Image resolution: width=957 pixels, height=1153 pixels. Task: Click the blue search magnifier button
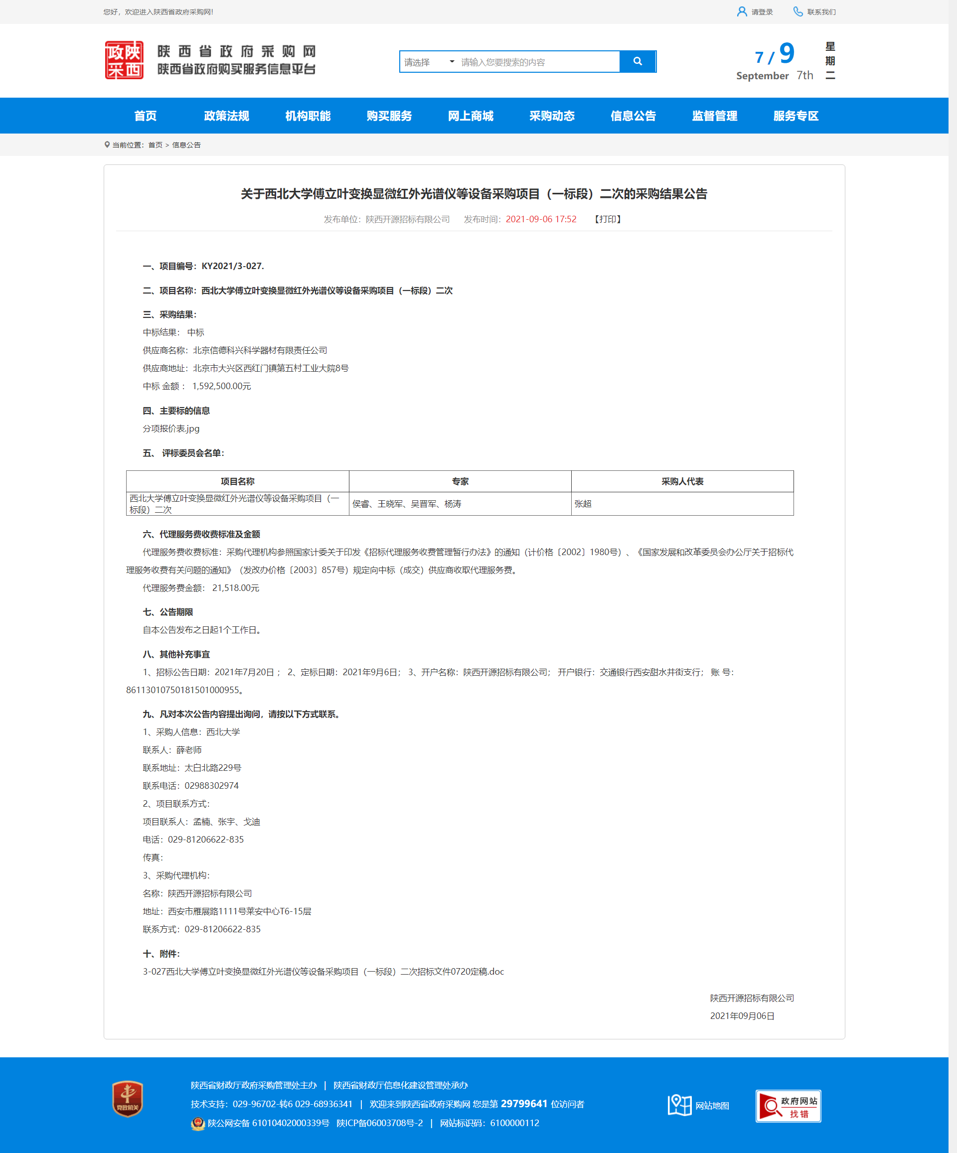coord(638,61)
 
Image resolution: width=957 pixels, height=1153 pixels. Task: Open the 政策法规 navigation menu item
coord(226,116)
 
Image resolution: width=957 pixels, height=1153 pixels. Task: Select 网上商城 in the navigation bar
coord(470,116)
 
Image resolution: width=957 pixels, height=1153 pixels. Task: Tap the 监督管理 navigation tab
coord(714,116)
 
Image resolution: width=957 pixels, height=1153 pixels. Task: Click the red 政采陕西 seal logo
coord(124,60)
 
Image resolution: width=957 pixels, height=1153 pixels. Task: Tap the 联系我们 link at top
coord(815,12)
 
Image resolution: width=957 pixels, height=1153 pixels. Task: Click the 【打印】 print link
coord(608,219)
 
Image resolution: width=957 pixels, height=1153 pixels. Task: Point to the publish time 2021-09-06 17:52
coord(541,219)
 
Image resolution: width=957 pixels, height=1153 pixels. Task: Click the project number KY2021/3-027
coord(232,266)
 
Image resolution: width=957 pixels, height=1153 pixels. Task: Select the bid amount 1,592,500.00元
coord(221,386)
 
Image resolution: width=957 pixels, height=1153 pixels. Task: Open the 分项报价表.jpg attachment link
coord(171,428)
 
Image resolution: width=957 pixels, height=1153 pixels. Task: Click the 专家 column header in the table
coord(460,481)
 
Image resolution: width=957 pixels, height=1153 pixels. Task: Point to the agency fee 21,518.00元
coord(235,587)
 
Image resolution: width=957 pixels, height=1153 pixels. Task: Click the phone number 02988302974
coord(211,786)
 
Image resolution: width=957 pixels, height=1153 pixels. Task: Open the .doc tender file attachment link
coord(323,971)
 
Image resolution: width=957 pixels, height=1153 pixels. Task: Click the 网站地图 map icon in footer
coord(679,1105)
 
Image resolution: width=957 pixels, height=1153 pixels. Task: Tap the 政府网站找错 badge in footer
coord(788,1106)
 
